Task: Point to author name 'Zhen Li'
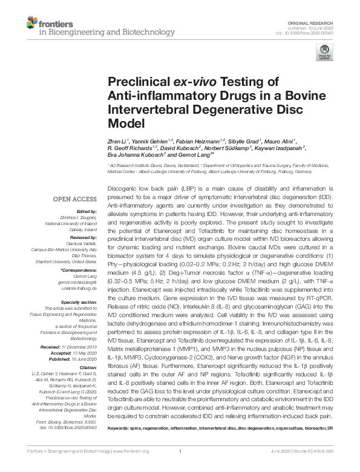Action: (116, 140)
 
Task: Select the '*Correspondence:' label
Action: (78, 270)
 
